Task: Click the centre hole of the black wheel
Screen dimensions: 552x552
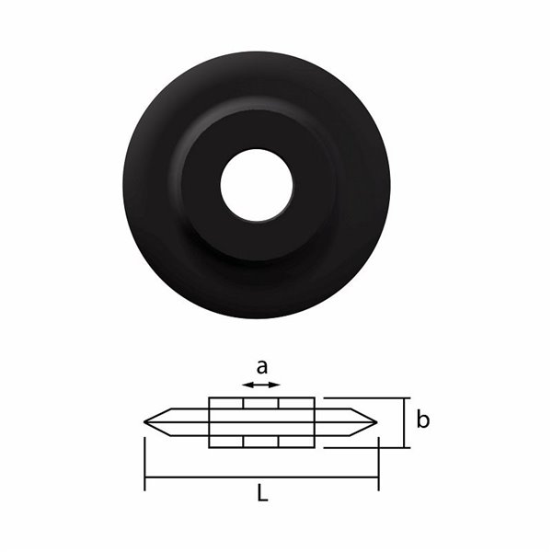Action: (257, 185)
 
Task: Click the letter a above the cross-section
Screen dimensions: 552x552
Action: (262, 367)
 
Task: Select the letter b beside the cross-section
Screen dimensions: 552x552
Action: (422, 420)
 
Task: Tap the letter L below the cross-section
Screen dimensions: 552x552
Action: (262, 495)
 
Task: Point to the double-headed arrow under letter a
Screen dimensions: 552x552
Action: (261, 385)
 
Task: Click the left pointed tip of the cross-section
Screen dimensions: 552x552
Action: (146, 422)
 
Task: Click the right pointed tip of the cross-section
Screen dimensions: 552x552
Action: (376, 422)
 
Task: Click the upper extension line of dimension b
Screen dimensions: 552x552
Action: (368, 398)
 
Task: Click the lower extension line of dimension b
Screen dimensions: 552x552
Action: (368, 448)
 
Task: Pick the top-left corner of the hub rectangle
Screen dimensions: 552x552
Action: (210, 398)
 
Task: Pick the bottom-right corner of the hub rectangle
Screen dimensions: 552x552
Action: (315, 447)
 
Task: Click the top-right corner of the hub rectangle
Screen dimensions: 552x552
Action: (315, 398)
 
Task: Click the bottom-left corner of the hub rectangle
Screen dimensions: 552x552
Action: (210, 447)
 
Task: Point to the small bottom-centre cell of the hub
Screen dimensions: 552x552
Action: (261, 442)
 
